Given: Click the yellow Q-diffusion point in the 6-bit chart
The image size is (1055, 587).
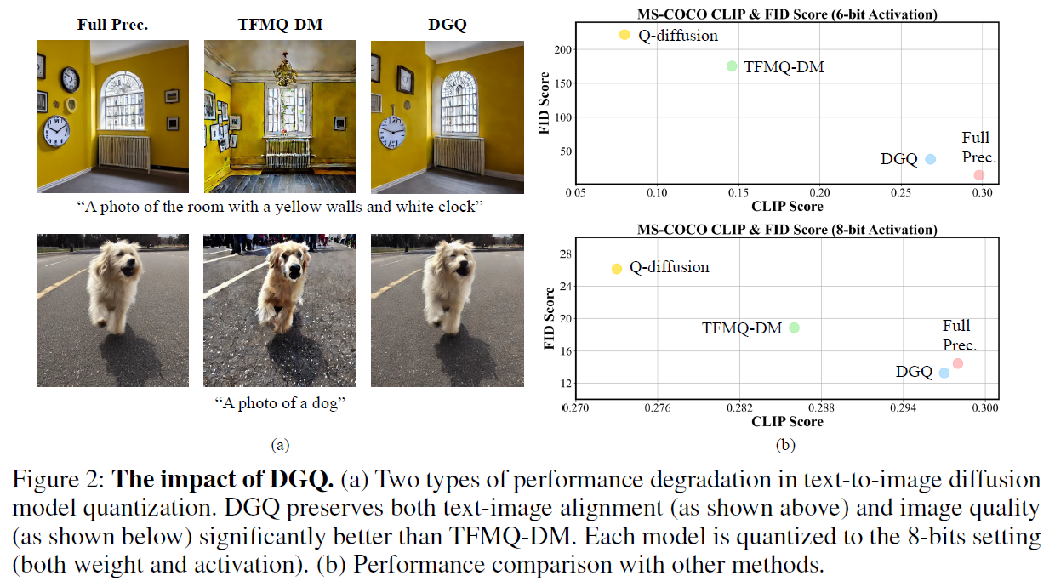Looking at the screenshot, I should click(x=624, y=35).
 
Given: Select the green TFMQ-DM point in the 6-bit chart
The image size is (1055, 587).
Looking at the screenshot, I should click(x=732, y=66).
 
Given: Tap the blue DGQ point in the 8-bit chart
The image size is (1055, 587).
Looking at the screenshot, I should click(x=944, y=373).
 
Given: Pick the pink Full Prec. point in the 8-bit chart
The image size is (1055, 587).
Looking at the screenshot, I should click(x=958, y=363).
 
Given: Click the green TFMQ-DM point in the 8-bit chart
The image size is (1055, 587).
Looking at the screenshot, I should click(x=794, y=328).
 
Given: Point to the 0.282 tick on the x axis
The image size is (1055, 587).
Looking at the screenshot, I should click(x=738, y=408).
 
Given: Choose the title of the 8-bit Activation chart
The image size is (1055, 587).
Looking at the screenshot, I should click(x=786, y=230).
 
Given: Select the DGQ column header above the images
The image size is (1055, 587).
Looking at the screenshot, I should click(x=447, y=25).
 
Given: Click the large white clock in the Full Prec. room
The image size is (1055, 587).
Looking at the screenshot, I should click(x=56, y=131).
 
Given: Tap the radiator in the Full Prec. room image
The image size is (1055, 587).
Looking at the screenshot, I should click(x=124, y=152).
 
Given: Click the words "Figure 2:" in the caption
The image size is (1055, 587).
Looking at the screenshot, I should click(x=59, y=481).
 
